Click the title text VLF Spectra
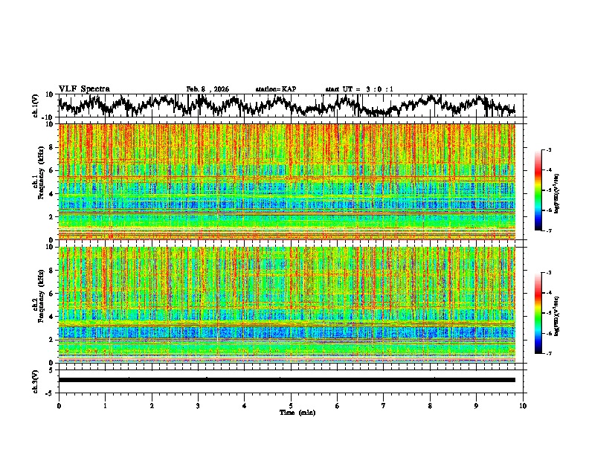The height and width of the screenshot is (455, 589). [84, 89]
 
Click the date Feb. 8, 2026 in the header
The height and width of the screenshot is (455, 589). [207, 89]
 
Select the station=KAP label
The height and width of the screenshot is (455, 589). [276, 89]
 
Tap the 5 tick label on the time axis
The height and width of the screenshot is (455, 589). [291, 406]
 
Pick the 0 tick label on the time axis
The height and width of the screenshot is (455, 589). [59, 406]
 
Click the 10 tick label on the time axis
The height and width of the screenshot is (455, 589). [523, 406]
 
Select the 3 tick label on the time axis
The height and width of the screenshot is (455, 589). [198, 406]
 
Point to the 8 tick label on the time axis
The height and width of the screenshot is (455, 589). [430, 406]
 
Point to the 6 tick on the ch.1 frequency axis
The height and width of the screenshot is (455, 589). [51, 170]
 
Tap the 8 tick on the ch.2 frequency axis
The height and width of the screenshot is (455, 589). [51, 270]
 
